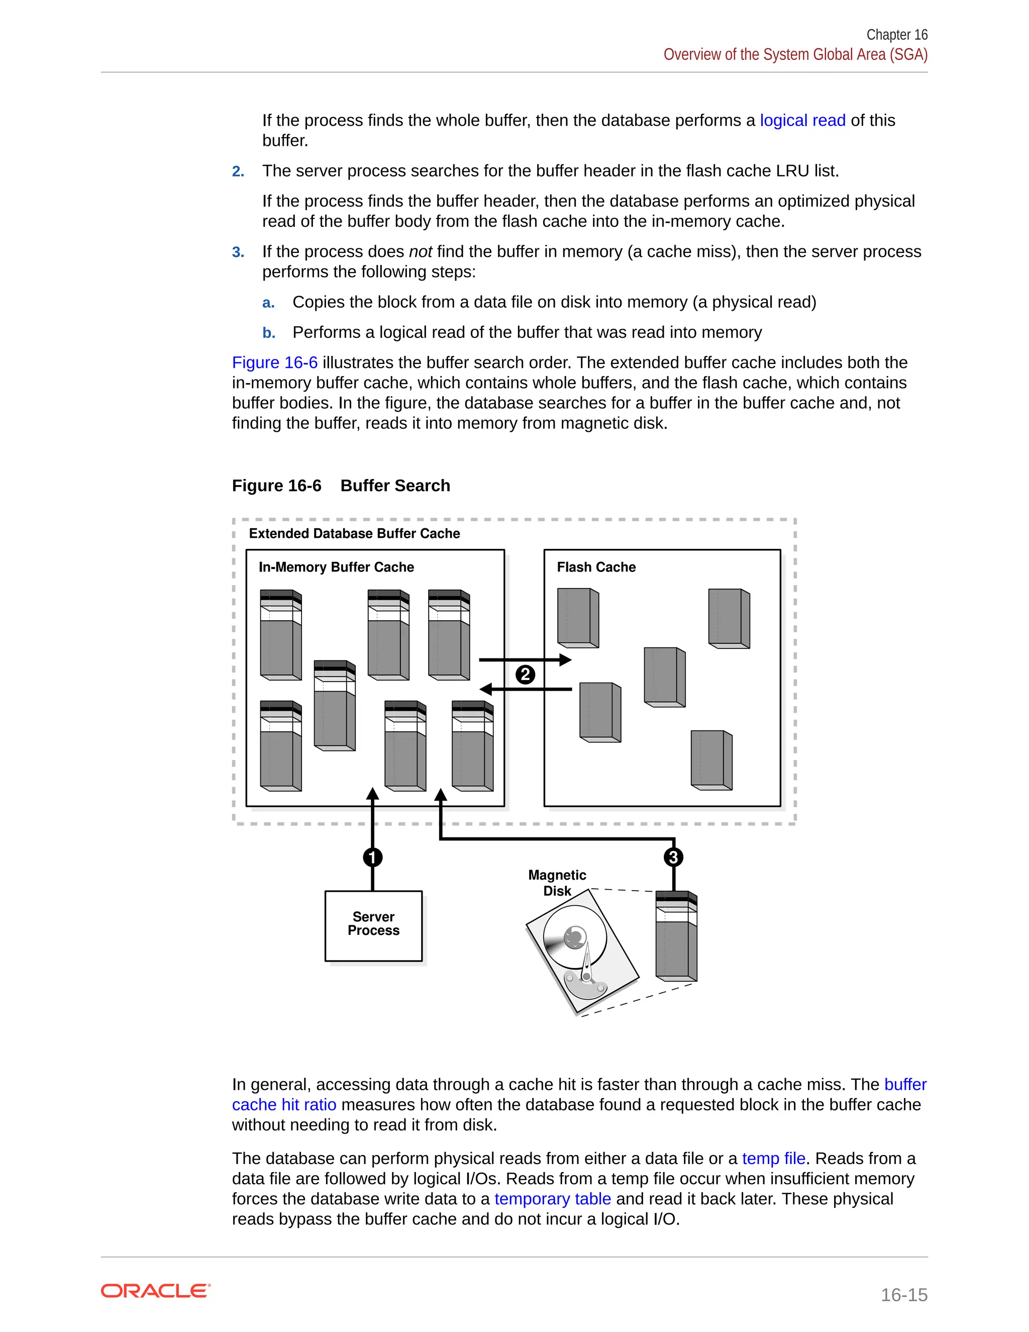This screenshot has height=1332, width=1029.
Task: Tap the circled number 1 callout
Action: click(x=372, y=857)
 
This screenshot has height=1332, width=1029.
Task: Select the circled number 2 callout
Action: click(x=525, y=675)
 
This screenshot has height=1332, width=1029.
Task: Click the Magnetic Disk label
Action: click(x=557, y=883)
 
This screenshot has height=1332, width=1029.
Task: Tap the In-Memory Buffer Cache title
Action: click(x=336, y=567)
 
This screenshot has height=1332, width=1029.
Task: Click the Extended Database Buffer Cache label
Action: click(x=354, y=534)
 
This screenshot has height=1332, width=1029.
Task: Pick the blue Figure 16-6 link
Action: click(x=274, y=363)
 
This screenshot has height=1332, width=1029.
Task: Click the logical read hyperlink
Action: click(x=802, y=121)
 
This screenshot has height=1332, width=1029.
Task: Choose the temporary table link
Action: click(x=552, y=1198)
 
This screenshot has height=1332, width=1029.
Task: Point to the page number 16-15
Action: click(x=904, y=1294)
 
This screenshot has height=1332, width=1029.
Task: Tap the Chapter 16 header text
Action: click(x=897, y=35)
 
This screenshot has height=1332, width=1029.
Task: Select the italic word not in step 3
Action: click(x=420, y=252)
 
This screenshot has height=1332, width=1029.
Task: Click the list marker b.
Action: click(x=268, y=333)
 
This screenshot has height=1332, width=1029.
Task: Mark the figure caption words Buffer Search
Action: click(x=395, y=486)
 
